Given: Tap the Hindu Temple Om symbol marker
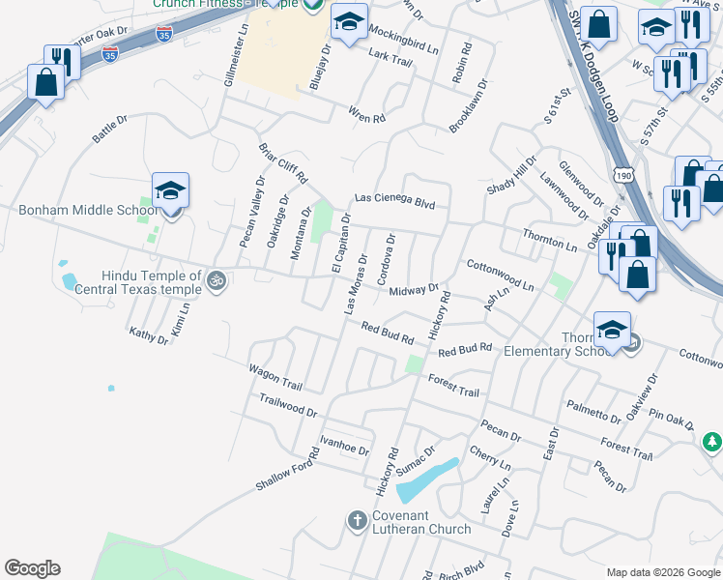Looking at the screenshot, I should [x=217, y=281].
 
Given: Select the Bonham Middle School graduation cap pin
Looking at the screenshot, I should [x=170, y=191].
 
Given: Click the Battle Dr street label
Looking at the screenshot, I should [x=109, y=130].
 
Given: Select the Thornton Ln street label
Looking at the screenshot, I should [x=549, y=241].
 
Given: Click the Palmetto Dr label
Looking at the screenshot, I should [x=593, y=411].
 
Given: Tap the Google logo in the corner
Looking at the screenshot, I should [x=32, y=568].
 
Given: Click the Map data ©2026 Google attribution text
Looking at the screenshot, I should [x=662, y=572].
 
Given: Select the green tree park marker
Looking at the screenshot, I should [x=711, y=442].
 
